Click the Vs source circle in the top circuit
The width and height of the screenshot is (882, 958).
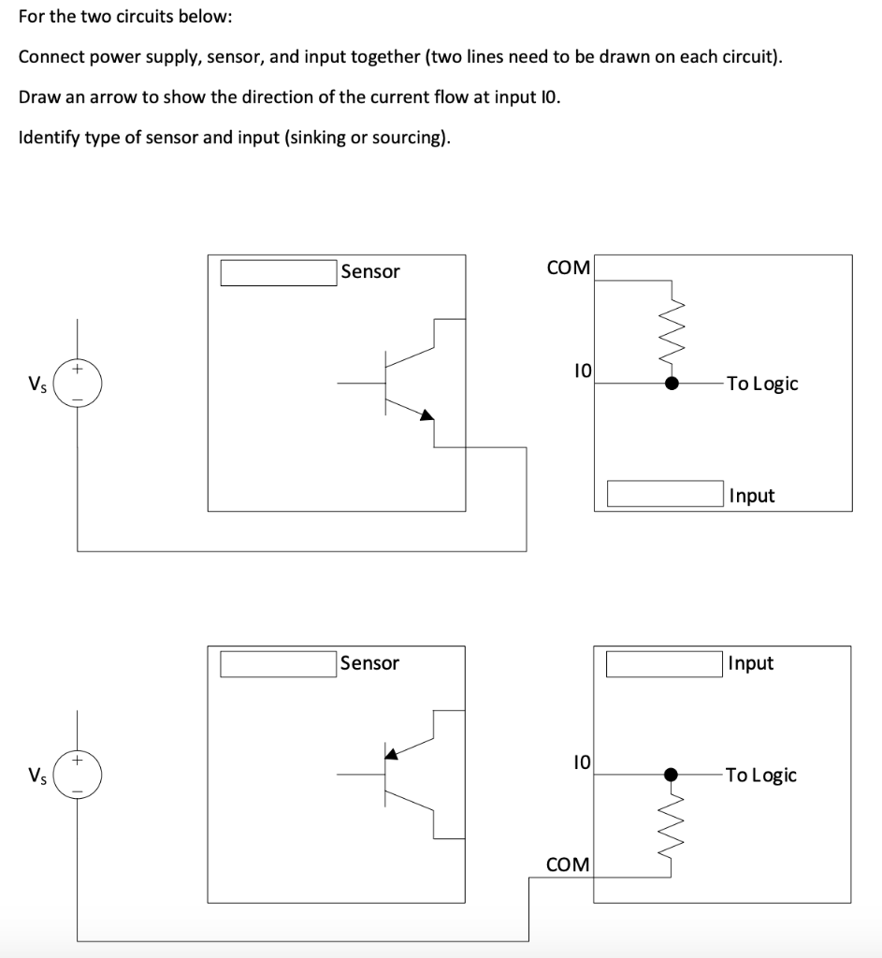coord(78,384)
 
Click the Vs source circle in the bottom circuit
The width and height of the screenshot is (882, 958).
coord(78,776)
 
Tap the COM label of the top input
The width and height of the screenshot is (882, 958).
coord(569,269)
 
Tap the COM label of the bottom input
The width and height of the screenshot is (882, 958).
coord(568,864)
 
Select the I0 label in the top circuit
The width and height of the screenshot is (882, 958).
coord(582,371)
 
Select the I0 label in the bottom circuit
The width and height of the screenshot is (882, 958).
coord(581,762)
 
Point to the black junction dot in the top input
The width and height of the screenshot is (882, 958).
coord(672,383)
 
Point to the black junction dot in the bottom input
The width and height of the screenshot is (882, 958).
coord(671,775)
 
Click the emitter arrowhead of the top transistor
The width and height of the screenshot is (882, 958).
coord(427,415)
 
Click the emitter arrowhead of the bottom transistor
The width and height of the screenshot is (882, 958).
coord(392,751)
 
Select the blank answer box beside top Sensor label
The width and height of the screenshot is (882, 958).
coord(278,272)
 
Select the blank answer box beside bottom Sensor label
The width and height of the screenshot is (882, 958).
coord(278,663)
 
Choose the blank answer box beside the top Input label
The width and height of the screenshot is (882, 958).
coord(665,494)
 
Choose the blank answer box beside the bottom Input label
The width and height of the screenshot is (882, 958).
coord(665,663)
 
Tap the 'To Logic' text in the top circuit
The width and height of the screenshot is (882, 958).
coord(762,384)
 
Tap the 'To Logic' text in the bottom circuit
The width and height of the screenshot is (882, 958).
coord(761,775)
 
